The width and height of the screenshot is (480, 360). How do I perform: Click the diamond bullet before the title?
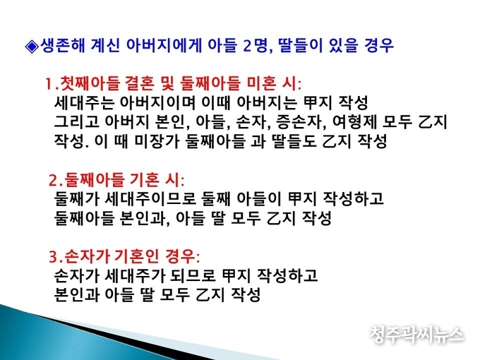(32, 47)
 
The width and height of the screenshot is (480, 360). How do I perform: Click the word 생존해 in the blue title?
(62, 46)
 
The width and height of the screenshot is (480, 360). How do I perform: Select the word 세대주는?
(84, 103)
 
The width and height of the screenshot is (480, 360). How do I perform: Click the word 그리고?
(76, 122)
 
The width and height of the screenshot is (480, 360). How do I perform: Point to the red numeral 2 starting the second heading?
(53, 181)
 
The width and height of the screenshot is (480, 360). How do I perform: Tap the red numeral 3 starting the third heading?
(53, 258)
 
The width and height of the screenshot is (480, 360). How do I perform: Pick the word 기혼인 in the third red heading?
(136, 256)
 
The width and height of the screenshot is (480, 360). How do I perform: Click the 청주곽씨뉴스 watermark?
(416, 335)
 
